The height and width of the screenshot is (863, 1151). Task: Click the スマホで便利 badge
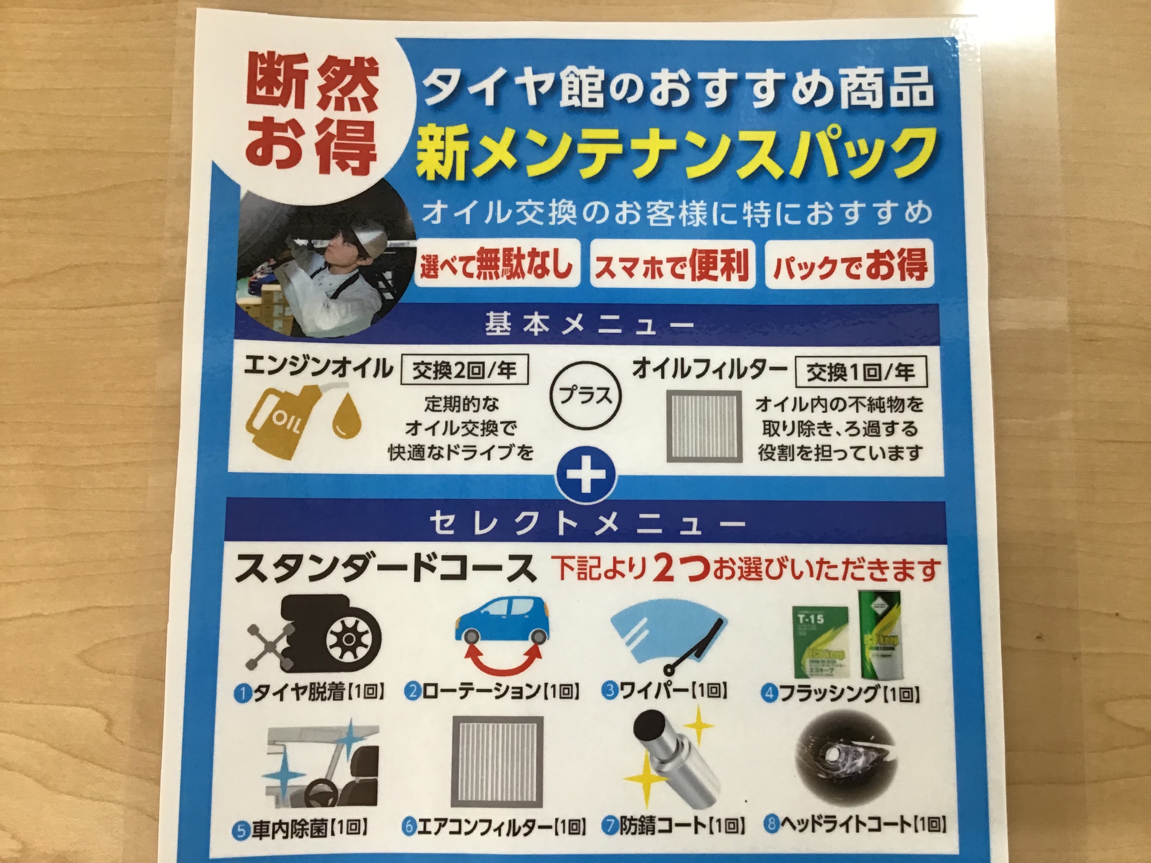pos(672,264)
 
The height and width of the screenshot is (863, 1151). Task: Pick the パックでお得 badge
pos(849,264)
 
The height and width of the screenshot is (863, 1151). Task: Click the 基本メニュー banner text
pos(588,324)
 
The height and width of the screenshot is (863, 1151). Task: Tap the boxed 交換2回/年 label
pos(465,370)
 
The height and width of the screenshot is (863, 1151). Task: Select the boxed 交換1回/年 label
pos(861,372)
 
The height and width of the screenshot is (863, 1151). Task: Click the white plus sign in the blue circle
pos(586,477)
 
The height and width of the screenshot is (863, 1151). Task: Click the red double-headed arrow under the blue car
pos(502,659)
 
